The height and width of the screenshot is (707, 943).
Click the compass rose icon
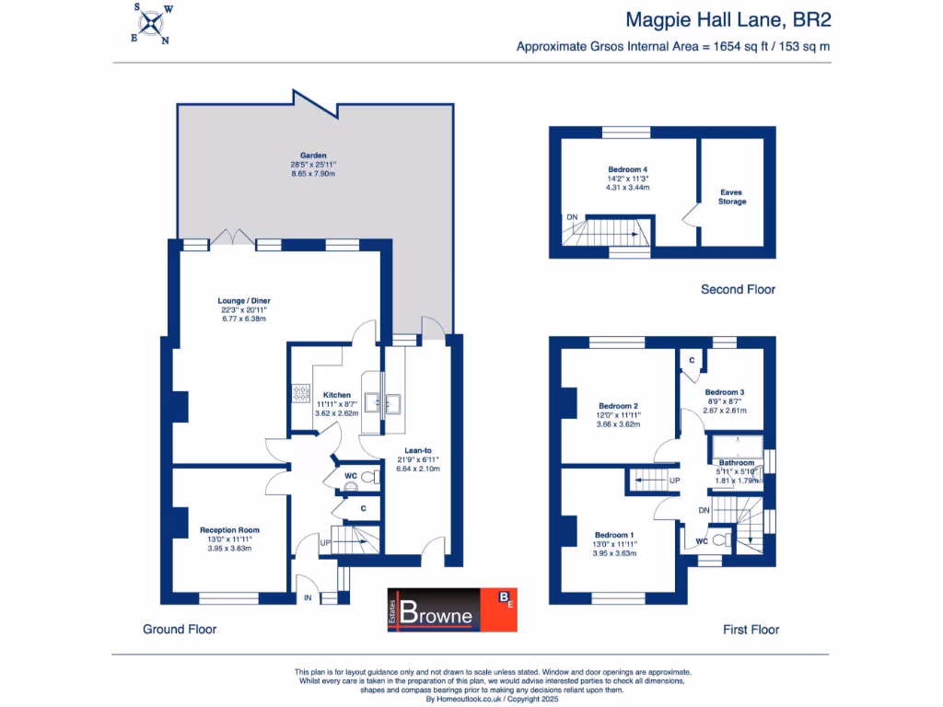[x=150, y=24]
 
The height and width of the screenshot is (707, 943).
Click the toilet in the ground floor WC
[x=367, y=479]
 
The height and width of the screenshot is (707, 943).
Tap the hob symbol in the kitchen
[x=300, y=393]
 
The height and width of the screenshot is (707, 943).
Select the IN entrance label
[x=308, y=598]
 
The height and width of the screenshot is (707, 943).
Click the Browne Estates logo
[x=451, y=609]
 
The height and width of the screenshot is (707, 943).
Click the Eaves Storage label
[x=732, y=196]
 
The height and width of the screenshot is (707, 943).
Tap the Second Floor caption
[x=738, y=289]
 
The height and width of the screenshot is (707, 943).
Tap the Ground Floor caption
[x=180, y=630]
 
